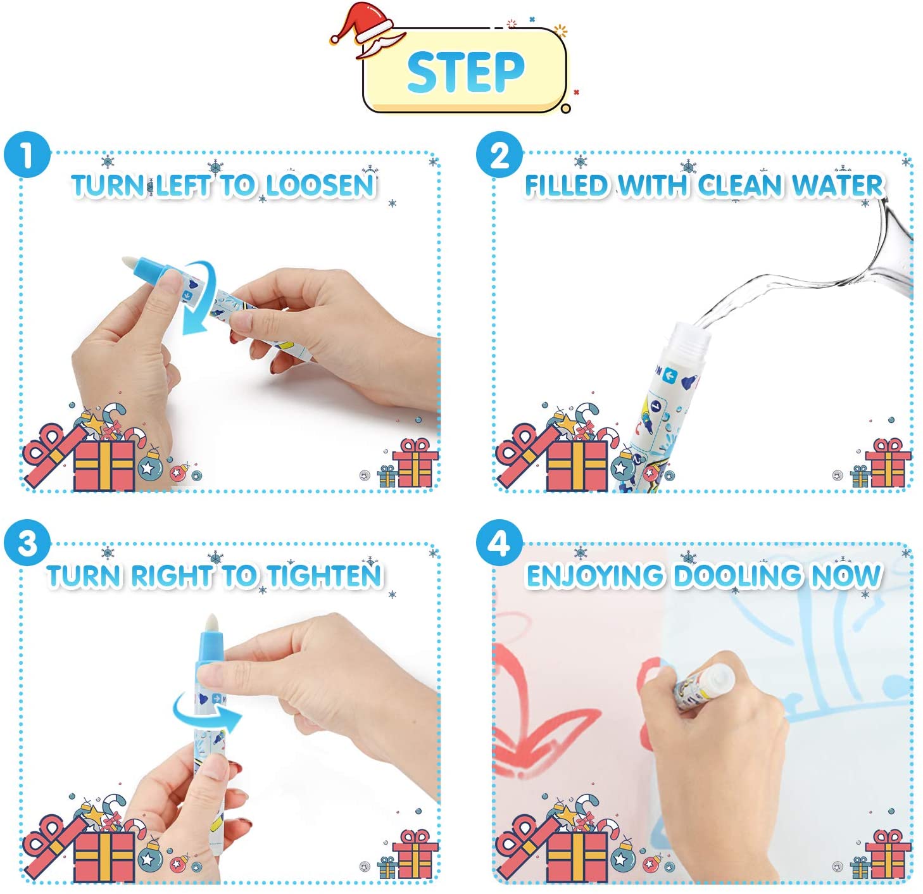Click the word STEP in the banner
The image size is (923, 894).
(x=466, y=72)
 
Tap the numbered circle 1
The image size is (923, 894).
(x=27, y=154)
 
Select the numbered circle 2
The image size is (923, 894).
(x=499, y=154)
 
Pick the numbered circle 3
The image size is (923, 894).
(x=27, y=543)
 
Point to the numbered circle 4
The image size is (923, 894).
(x=499, y=543)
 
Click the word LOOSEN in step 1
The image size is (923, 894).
(x=320, y=186)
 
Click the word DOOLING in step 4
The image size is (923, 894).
(x=738, y=576)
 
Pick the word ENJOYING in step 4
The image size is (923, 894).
(x=595, y=576)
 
